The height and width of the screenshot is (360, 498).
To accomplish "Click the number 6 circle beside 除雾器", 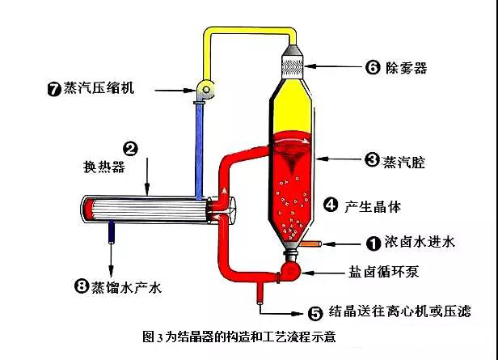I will tap(373, 69).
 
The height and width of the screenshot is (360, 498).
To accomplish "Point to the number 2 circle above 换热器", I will tap(129, 148).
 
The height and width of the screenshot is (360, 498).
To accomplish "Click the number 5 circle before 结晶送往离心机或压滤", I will tap(317, 310).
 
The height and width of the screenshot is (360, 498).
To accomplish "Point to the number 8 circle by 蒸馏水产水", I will tap(80, 286).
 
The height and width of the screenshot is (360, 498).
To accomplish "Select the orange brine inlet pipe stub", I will tap(312, 243).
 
